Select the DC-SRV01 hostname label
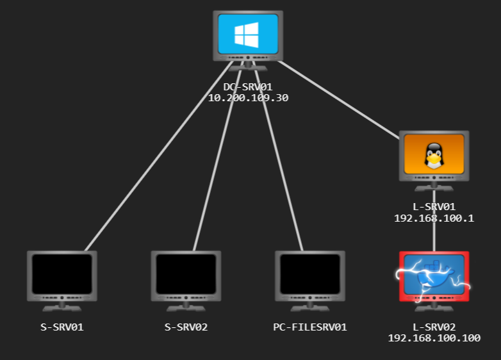pyautogui.click(x=248, y=86)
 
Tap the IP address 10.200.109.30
pyautogui.click(x=248, y=98)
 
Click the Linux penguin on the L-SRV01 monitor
pyautogui.click(x=434, y=155)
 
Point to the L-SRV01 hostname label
pyautogui.click(x=434, y=207)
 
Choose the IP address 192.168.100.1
pyautogui.click(x=434, y=218)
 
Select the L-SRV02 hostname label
pyautogui.click(x=434, y=327)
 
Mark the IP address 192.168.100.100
pyautogui.click(x=434, y=338)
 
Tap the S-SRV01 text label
pyautogui.click(x=62, y=327)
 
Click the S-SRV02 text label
pyautogui.click(x=186, y=327)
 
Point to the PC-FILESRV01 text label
pyautogui.click(x=310, y=327)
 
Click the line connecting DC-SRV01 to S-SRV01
pyautogui.click(x=157, y=157)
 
